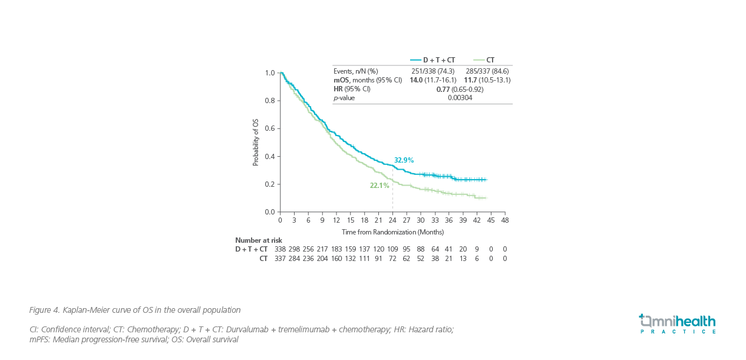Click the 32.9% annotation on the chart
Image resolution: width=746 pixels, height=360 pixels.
tap(404, 160)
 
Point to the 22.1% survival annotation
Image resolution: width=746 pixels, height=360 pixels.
tap(379, 186)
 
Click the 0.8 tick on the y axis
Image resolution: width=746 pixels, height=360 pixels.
tap(270, 101)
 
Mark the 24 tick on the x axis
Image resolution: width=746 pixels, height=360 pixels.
tap(392, 220)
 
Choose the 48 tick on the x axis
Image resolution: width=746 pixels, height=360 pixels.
tap(505, 220)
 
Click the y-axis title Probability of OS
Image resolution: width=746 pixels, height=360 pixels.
tap(256, 142)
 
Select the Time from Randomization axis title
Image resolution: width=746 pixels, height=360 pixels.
tap(392, 232)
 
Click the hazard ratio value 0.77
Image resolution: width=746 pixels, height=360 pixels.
tap(443, 89)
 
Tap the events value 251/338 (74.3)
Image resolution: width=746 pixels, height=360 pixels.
tap(433, 71)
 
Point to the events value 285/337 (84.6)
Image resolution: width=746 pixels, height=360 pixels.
tap(487, 71)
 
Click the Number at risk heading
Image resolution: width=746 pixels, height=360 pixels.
tap(259, 240)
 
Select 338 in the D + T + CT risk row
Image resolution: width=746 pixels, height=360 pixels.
tap(280, 249)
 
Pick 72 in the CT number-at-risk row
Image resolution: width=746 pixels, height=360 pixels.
tap(392, 258)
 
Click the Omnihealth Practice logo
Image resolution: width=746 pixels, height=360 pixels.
tap(677, 323)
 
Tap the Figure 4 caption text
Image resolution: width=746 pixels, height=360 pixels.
tap(135, 310)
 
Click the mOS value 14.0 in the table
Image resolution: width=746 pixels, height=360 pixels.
tap(416, 80)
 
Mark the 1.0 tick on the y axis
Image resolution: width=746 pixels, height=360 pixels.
tap(270, 73)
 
